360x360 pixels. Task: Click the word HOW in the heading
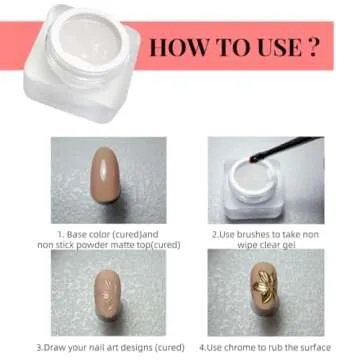click(176, 48)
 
